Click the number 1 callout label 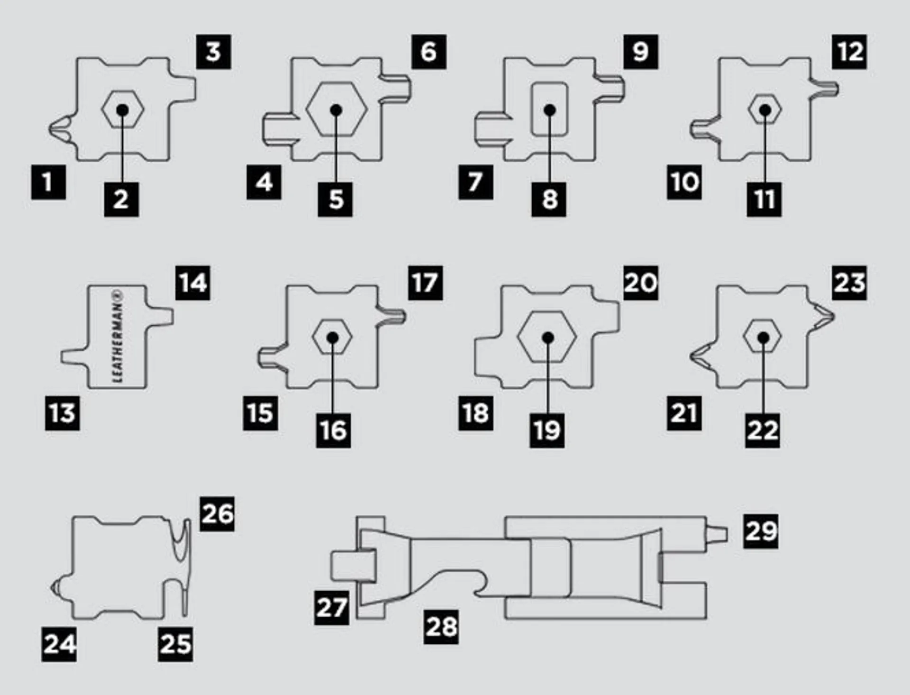click(x=48, y=182)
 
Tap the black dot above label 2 click(x=122, y=110)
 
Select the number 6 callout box click(x=428, y=52)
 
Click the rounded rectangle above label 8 click(x=549, y=110)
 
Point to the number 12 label click(x=849, y=52)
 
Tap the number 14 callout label click(x=193, y=283)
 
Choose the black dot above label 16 click(x=333, y=338)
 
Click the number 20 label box click(x=640, y=283)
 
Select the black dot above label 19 click(x=548, y=338)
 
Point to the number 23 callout click(x=849, y=283)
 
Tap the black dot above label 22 click(x=763, y=338)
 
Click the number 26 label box click(x=217, y=514)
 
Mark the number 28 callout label click(x=441, y=627)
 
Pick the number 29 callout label click(x=760, y=531)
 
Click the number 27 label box click(x=332, y=607)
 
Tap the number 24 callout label click(x=59, y=644)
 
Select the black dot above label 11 click(x=765, y=110)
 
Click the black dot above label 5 click(x=336, y=110)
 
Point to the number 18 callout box click(x=475, y=413)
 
